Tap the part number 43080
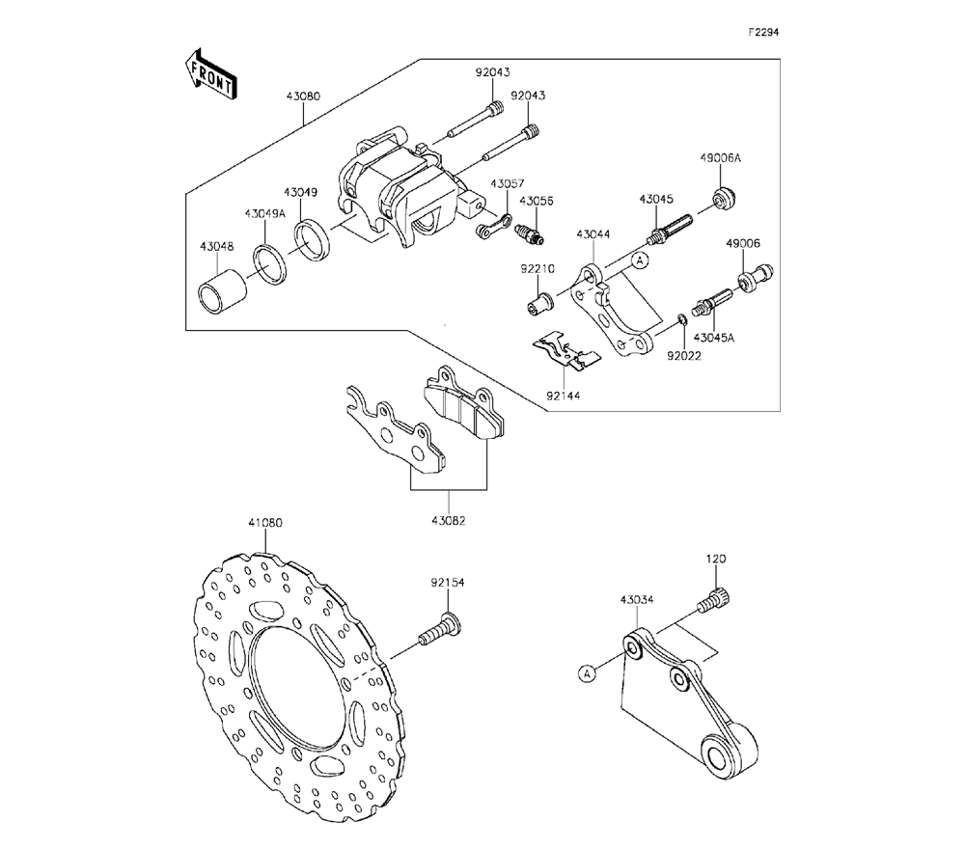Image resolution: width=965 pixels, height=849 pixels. [x=303, y=96]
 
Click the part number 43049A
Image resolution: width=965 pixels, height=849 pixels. [x=264, y=212]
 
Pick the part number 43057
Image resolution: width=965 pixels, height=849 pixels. [x=507, y=183]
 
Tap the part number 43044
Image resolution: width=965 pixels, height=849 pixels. [x=593, y=234]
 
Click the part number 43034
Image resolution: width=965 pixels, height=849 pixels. [x=637, y=599]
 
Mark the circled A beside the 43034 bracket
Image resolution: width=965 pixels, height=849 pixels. [x=587, y=673]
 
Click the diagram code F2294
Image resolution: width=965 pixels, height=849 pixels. [x=763, y=32]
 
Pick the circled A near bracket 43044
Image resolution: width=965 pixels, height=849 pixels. [x=638, y=260]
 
